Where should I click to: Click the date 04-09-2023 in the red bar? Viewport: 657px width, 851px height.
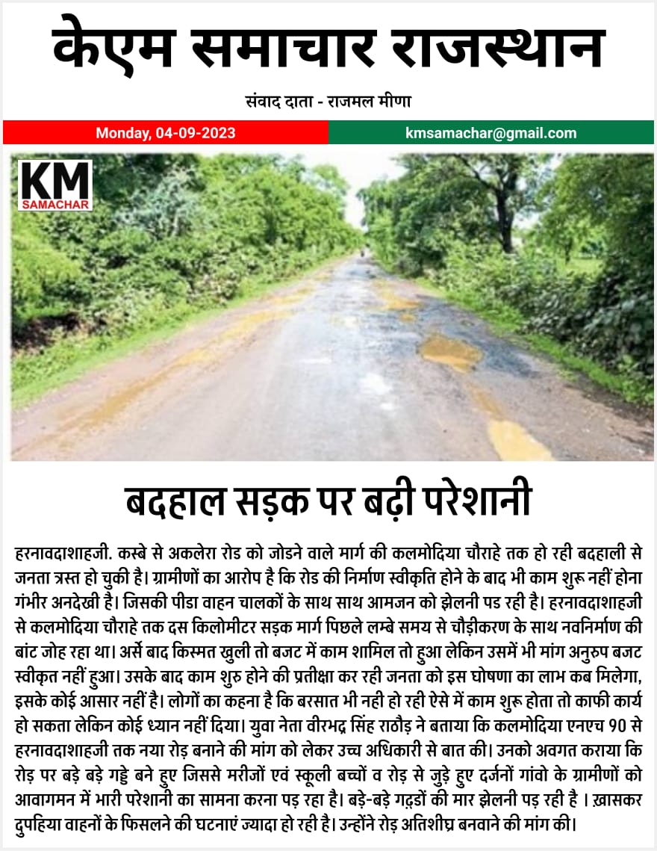(196, 134)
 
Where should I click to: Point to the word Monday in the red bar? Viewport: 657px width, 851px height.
(124, 134)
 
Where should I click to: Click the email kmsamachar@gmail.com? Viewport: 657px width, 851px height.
(491, 134)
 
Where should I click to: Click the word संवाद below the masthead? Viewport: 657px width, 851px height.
(262, 102)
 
